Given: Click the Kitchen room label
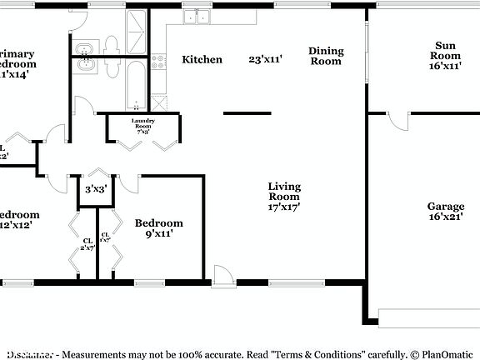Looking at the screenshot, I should [x=202, y=59].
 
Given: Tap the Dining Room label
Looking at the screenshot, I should [x=326, y=56].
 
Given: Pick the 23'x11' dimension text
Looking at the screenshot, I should [x=266, y=59].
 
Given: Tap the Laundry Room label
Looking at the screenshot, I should [x=141, y=126].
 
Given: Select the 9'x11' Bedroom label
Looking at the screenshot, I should [x=158, y=228].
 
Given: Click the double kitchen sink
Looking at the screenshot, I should [x=197, y=16].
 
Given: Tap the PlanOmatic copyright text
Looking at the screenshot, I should [x=444, y=353].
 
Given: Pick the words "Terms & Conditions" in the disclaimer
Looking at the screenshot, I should [x=319, y=353].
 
